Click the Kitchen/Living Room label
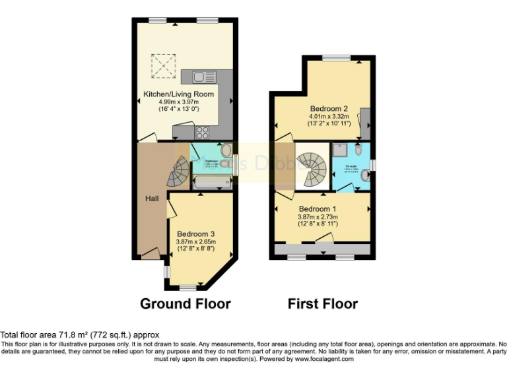tap(178, 94)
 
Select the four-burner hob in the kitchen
tap(203, 131)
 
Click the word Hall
tap(152, 198)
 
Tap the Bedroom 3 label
tap(195, 234)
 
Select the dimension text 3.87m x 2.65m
tap(196, 242)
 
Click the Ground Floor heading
tap(185, 304)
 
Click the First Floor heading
tap(323, 304)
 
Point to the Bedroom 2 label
tap(329, 108)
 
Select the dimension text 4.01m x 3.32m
tap(329, 116)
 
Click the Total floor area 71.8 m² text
tap(79, 335)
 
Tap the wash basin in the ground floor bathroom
tap(226, 150)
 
